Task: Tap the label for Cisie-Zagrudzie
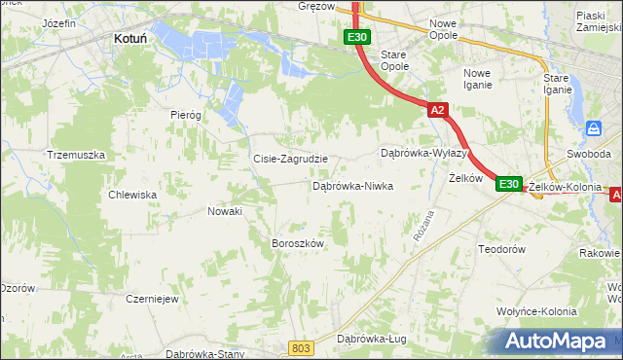coord(289,159)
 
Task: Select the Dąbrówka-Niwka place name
coord(352,185)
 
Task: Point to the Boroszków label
coord(297,243)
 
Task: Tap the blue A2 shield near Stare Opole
coord(437,111)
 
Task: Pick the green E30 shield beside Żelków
coord(509,183)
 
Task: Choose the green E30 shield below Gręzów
coord(356,38)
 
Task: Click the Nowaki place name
coord(224,211)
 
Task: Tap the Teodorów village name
coord(502,249)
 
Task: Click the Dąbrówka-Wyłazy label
coord(424,154)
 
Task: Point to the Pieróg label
coord(185,115)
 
